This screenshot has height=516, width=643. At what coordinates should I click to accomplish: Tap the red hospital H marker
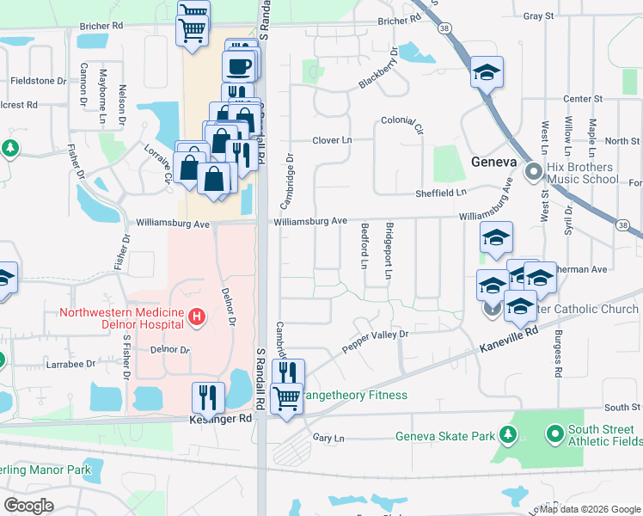point(198,318)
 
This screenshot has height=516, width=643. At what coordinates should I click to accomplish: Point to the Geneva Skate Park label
point(444,436)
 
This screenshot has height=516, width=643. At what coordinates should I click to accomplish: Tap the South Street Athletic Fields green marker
point(554,432)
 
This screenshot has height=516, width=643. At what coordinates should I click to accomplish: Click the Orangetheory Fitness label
point(354,396)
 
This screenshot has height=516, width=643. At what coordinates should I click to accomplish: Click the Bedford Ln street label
point(365,246)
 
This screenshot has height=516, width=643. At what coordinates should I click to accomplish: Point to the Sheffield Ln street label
point(440,193)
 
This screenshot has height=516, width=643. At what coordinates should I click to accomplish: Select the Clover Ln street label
point(333,140)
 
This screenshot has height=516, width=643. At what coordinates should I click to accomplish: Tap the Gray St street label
point(537,15)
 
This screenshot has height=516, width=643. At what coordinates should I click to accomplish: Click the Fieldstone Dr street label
point(39,81)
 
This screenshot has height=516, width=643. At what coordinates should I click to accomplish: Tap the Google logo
point(28,506)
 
